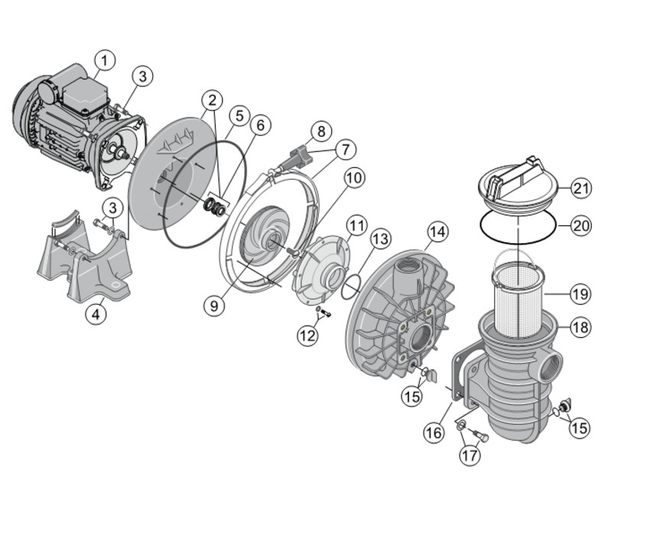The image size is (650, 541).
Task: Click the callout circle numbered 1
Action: click(x=104, y=60)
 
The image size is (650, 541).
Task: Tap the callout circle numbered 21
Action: click(x=581, y=189)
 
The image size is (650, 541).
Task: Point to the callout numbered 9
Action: click(x=214, y=306)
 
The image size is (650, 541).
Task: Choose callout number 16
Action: click(x=434, y=433)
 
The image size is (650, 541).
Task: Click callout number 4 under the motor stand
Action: click(x=96, y=314)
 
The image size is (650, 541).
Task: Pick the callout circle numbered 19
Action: click(x=580, y=294)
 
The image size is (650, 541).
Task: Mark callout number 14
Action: click(x=438, y=232)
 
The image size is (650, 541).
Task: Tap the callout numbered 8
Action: click(x=321, y=131)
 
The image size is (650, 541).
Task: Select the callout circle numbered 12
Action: click(x=307, y=335)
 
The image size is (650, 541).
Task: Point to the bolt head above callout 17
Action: click(x=484, y=437)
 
